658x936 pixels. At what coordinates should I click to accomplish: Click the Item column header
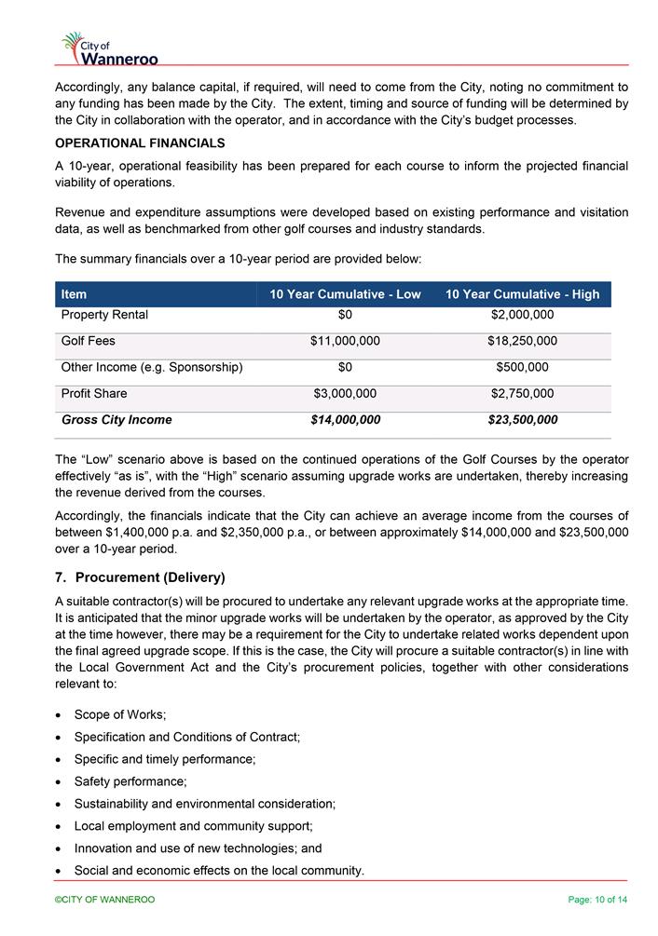click(x=74, y=294)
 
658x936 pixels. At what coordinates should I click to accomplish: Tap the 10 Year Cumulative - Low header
click(x=345, y=294)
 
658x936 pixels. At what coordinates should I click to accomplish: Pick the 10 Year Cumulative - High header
click(x=522, y=294)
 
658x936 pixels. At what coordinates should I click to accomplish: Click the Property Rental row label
click(x=104, y=315)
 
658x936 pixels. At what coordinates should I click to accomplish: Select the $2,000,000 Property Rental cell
click(x=522, y=315)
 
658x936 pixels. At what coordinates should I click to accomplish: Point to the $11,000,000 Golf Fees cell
click(x=345, y=341)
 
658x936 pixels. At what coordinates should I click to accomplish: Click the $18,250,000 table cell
click(x=522, y=341)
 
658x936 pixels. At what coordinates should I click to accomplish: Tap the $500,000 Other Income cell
click(x=522, y=367)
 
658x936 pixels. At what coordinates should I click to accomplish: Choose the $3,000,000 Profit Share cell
click(x=345, y=393)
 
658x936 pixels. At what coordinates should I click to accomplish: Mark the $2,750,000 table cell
click(x=522, y=393)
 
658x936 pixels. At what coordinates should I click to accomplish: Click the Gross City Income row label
click(x=117, y=420)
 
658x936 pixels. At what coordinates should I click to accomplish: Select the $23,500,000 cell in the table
click(x=522, y=420)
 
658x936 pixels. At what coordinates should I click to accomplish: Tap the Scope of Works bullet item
click(x=120, y=714)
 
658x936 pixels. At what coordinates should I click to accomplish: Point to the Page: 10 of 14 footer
click(x=597, y=900)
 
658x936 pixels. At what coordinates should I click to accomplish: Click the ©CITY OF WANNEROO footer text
click(x=104, y=900)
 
